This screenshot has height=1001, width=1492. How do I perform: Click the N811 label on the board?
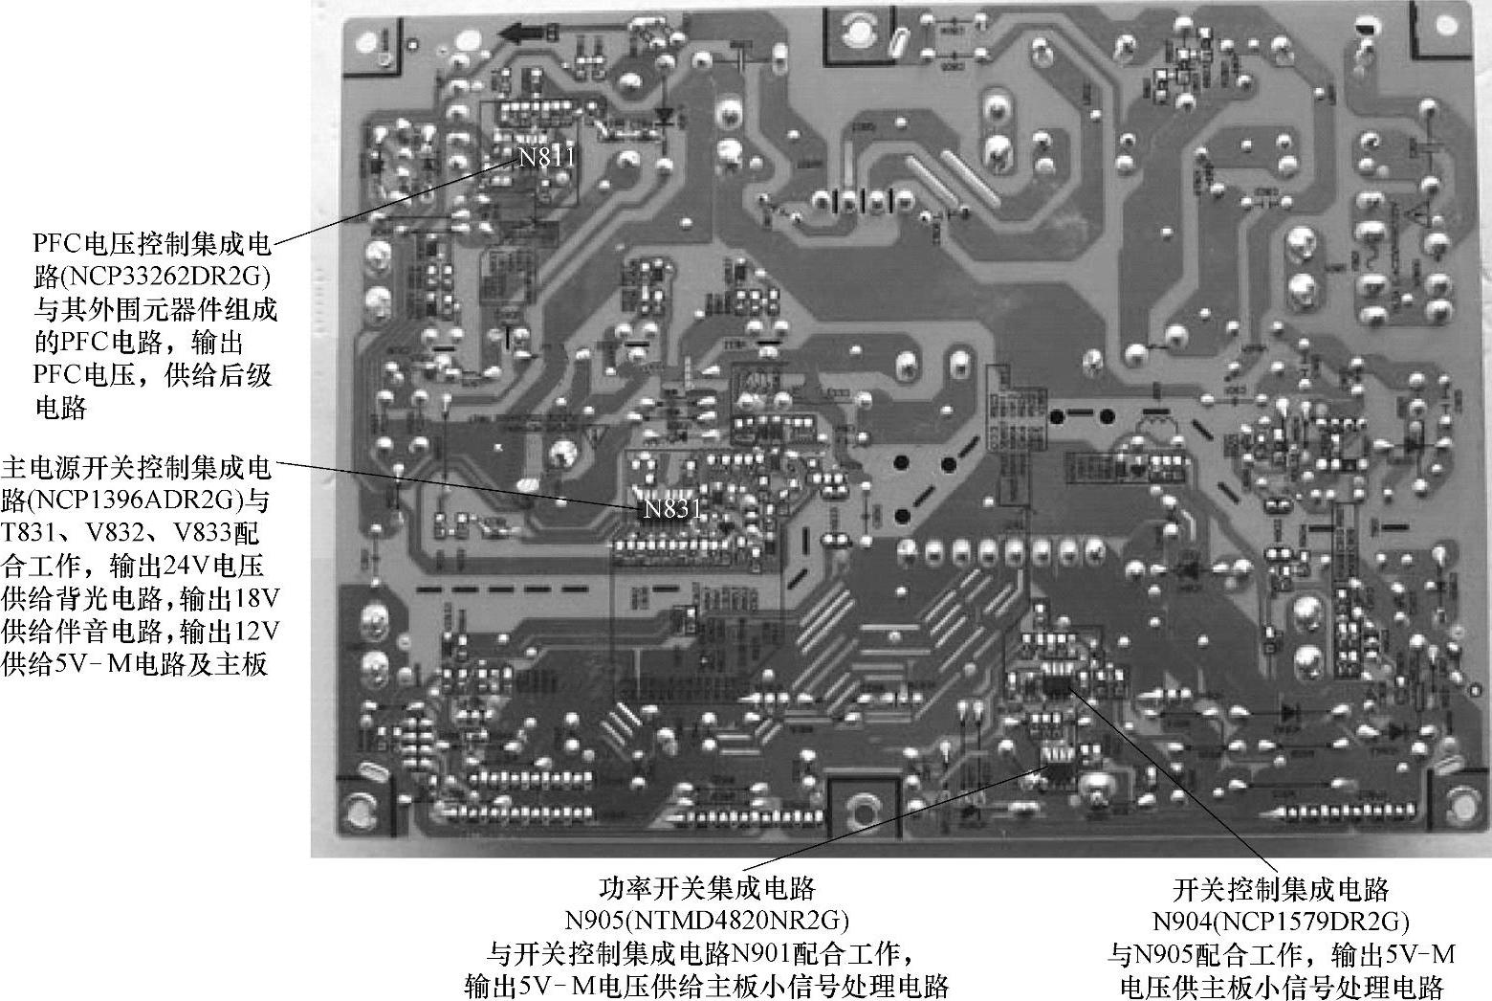point(547,157)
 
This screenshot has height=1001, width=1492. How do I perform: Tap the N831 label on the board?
point(671,509)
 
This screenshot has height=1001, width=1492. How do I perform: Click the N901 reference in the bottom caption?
point(763,954)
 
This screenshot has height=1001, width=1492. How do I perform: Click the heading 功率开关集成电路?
point(707,889)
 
